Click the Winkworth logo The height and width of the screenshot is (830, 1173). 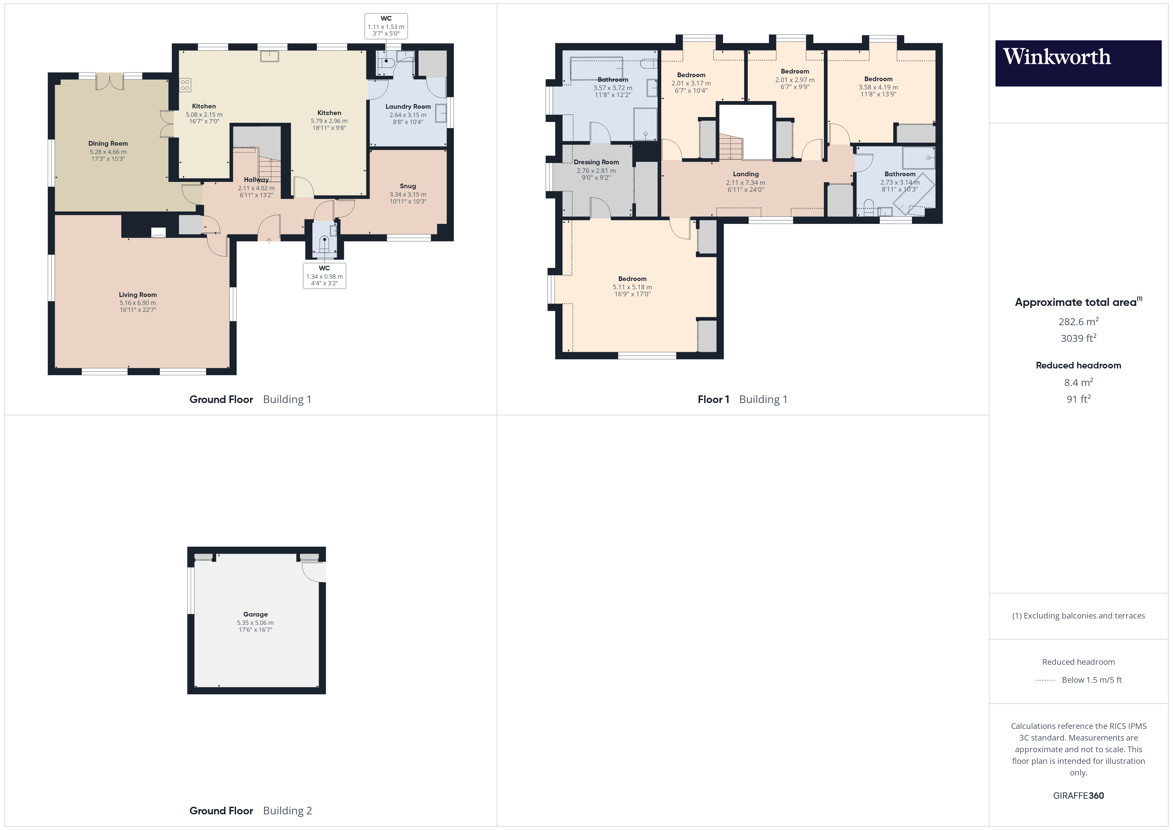[1078, 63]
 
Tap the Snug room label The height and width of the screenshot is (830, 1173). [408, 186]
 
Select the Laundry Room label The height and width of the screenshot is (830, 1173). [408, 106]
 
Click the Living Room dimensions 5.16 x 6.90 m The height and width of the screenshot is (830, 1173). [138, 303]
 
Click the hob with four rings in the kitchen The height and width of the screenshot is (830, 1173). [185, 85]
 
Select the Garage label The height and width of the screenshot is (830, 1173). [255, 614]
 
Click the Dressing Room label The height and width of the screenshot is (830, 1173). [596, 162]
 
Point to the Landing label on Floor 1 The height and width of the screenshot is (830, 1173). [745, 174]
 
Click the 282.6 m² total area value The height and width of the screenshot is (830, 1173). [1078, 322]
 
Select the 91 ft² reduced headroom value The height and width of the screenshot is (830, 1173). [1078, 399]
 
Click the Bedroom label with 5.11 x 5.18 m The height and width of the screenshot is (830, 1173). [632, 279]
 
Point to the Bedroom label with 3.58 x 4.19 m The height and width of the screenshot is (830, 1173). [878, 79]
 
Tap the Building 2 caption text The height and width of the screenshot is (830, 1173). [287, 811]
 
